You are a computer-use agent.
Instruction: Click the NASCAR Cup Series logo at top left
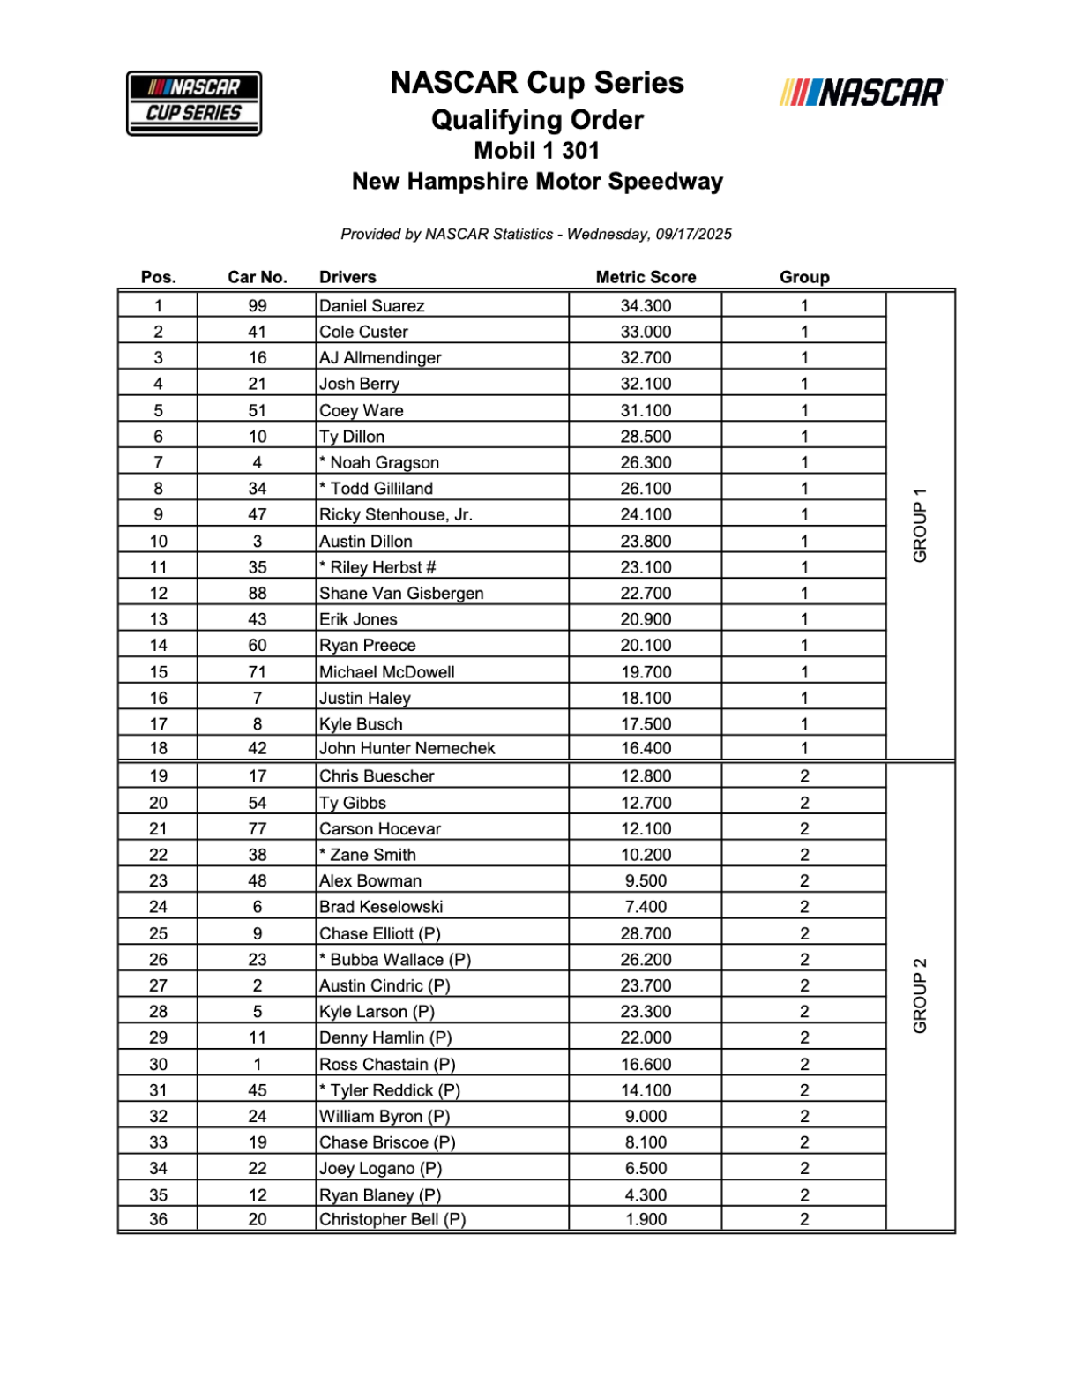coord(194,103)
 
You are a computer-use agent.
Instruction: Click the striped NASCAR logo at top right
coord(862,92)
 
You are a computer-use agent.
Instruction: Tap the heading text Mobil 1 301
coord(536,151)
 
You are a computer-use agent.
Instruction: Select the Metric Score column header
coord(646,277)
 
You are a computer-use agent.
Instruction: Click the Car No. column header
coord(257,277)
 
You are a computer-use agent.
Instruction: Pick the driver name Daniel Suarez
coord(371,306)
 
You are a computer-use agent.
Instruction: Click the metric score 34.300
coord(646,306)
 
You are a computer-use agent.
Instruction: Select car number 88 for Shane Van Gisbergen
coord(257,594)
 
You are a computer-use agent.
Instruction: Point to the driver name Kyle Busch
coord(361,724)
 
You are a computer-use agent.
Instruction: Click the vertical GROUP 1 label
coord(920,525)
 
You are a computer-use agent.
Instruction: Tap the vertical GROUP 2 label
coord(920,995)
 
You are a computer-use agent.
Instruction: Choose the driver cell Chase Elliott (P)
coord(379,933)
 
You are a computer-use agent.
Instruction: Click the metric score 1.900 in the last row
coord(646,1219)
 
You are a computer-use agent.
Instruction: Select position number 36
coord(158,1219)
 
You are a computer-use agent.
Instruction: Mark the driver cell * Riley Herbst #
coord(377,567)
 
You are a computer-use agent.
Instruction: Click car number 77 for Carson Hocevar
coord(257,829)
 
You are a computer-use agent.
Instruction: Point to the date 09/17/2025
coord(693,235)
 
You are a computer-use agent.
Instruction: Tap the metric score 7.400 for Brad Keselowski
coord(646,907)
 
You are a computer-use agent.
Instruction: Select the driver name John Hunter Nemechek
coord(407,748)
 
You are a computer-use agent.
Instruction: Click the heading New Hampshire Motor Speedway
coord(537,182)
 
